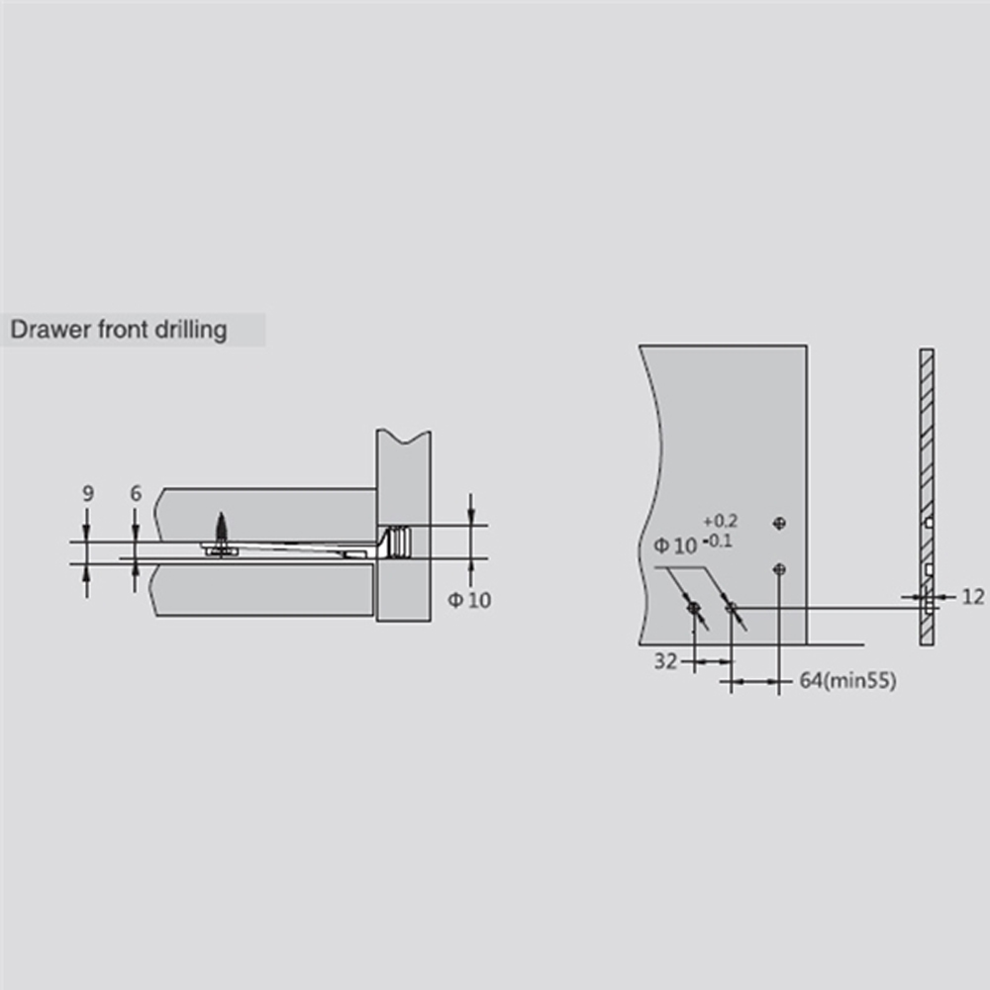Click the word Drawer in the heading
(50, 330)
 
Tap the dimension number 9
(88, 493)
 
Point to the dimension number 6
(136, 493)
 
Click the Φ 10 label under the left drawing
(469, 600)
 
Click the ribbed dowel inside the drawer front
(397, 542)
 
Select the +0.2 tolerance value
(721, 521)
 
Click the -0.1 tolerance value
(718, 542)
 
